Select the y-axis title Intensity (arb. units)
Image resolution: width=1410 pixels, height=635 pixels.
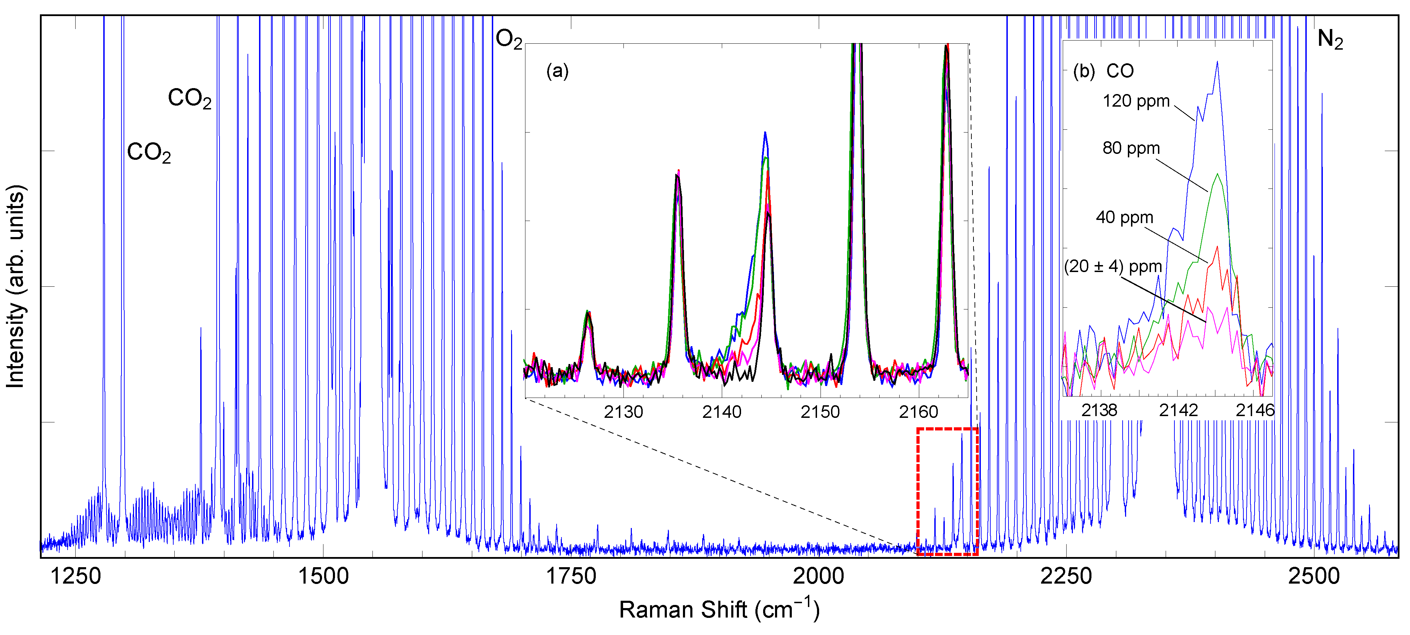tap(15, 287)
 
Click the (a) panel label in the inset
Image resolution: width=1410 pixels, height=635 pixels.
tap(557, 71)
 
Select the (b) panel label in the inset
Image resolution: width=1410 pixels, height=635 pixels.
tap(1084, 71)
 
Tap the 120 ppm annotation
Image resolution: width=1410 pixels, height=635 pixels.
tap(1136, 101)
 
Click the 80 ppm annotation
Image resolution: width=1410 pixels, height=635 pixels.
tap(1131, 148)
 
